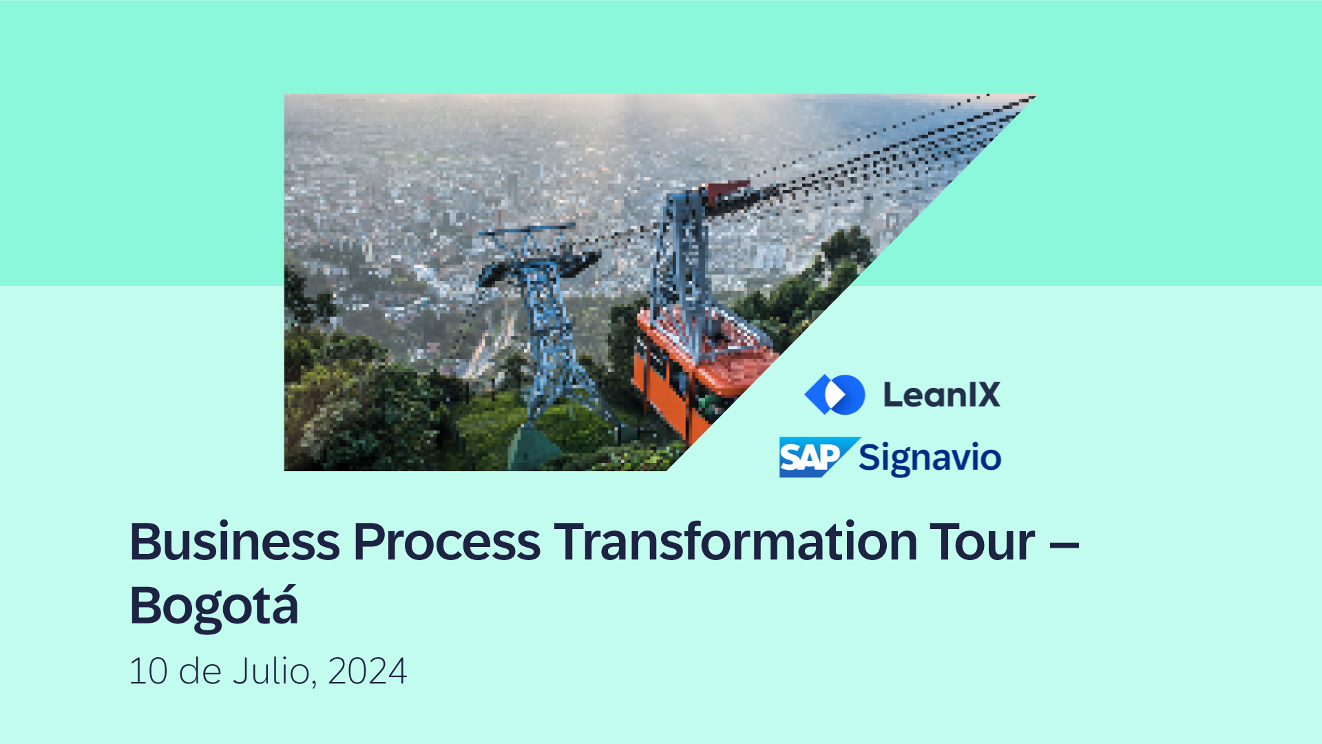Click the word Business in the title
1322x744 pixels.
point(234,541)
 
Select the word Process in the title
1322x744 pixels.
point(446,541)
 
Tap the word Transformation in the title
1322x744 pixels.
point(735,541)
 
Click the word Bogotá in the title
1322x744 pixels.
point(213,606)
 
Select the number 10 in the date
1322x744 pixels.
point(148,671)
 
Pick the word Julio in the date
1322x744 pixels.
point(271,671)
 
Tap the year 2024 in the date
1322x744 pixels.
point(367,671)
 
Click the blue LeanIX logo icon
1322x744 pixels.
point(835,394)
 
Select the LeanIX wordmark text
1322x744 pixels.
point(941,395)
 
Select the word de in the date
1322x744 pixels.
point(200,671)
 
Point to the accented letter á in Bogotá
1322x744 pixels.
point(284,605)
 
